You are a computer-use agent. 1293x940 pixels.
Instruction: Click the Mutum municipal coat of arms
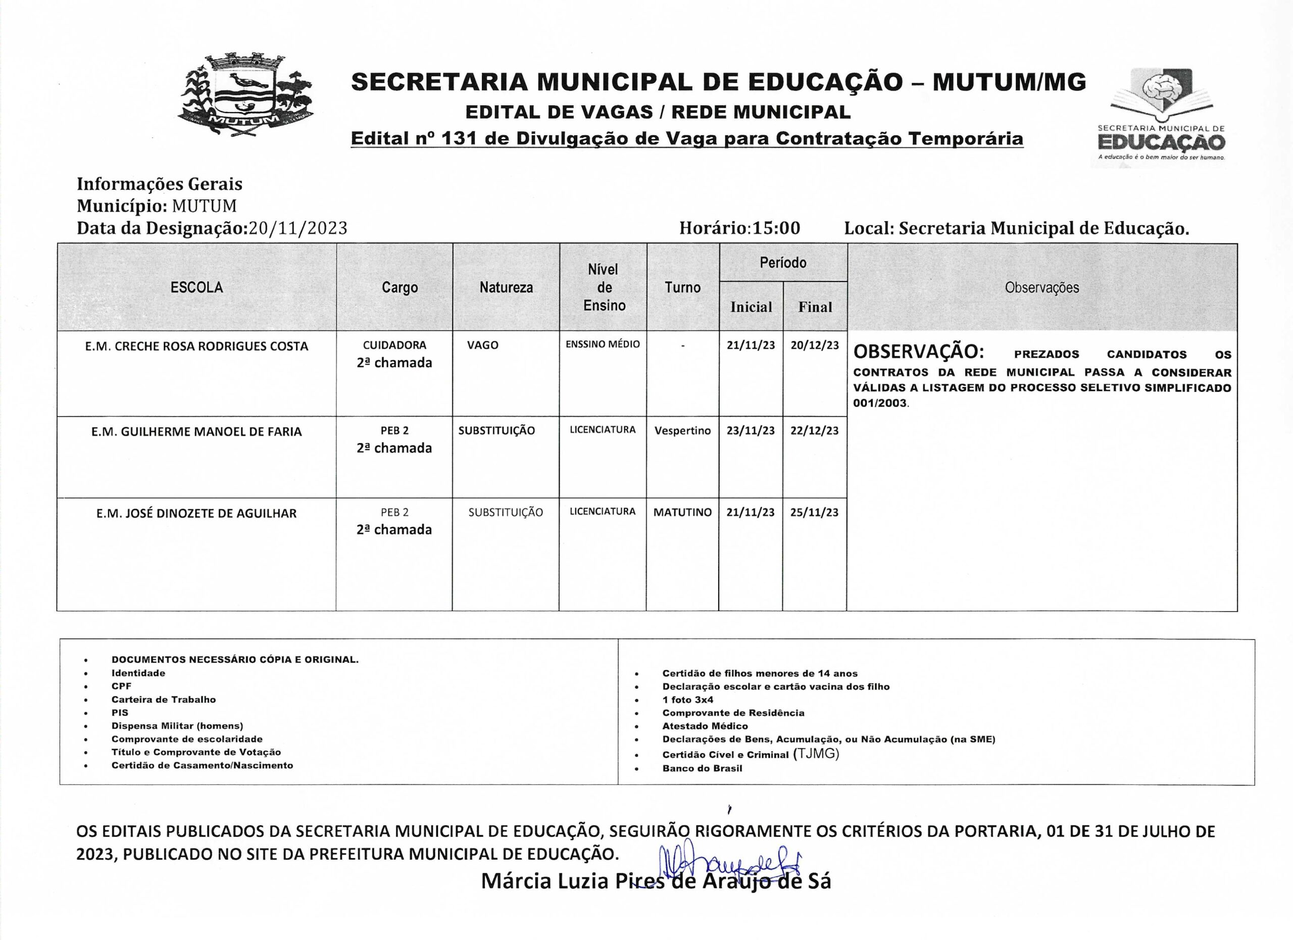pyautogui.click(x=246, y=96)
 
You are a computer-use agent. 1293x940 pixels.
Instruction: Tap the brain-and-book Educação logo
pyautogui.click(x=1161, y=116)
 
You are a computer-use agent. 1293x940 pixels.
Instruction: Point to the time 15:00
pyautogui.click(x=776, y=228)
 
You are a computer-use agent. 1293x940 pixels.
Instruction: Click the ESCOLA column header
pyautogui.click(x=196, y=287)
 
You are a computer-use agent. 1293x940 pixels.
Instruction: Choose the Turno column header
pyautogui.click(x=682, y=287)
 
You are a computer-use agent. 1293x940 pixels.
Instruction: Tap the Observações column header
pyautogui.click(x=1041, y=287)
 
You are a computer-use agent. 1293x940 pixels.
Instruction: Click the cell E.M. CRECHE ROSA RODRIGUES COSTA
pyautogui.click(x=196, y=346)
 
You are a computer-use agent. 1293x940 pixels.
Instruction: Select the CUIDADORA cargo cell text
pyautogui.click(x=394, y=345)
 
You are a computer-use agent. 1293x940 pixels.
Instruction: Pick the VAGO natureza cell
pyautogui.click(x=482, y=345)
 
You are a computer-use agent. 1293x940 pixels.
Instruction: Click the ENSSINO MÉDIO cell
pyautogui.click(x=603, y=344)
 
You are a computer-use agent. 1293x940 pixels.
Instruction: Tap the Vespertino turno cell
pyautogui.click(x=682, y=430)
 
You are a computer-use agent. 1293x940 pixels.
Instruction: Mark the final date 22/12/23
pyautogui.click(x=814, y=430)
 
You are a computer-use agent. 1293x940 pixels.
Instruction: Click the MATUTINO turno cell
pyautogui.click(x=682, y=512)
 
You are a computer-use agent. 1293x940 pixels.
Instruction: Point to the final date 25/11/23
pyautogui.click(x=814, y=512)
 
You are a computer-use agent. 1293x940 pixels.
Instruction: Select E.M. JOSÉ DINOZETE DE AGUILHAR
pyautogui.click(x=196, y=513)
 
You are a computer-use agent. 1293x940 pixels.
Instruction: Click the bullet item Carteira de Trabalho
pyautogui.click(x=164, y=700)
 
